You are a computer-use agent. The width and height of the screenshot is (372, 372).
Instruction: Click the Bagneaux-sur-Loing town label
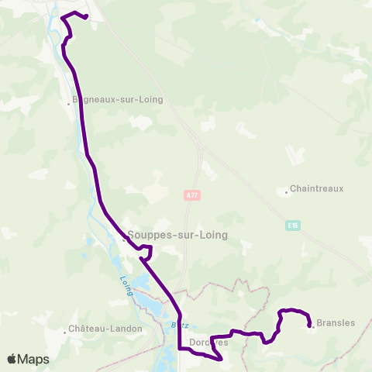click(x=117, y=99)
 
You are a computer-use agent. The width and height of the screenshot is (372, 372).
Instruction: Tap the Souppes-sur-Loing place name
click(x=175, y=236)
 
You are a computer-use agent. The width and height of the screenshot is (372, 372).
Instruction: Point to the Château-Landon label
click(x=106, y=329)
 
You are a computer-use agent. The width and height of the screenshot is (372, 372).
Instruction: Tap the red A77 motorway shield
click(x=193, y=196)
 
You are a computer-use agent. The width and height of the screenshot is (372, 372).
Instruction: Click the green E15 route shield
click(x=291, y=226)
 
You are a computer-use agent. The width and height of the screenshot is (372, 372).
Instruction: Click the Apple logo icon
click(x=12, y=360)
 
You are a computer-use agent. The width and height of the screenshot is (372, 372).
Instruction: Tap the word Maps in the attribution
click(x=34, y=360)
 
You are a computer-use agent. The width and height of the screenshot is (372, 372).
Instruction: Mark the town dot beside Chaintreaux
click(x=285, y=189)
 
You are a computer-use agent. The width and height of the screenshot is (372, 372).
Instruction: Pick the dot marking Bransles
click(x=312, y=326)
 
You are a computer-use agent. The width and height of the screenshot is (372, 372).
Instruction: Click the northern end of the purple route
click(x=86, y=17)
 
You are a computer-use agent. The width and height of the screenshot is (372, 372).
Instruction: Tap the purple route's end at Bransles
click(x=310, y=325)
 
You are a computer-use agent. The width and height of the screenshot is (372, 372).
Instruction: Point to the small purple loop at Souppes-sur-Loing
click(x=146, y=250)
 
